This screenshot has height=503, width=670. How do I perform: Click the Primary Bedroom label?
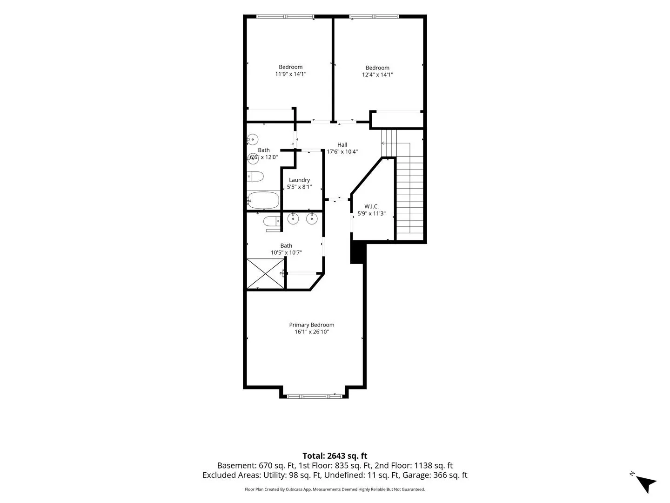311,325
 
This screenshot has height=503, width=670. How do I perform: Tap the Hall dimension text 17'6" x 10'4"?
342,151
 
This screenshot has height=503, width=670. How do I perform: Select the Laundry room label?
299,180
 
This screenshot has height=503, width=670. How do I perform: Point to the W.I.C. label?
371,206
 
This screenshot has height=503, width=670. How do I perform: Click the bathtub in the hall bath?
263,200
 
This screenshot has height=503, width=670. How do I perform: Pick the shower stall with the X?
265,274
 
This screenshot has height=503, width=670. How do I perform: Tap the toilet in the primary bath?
272,221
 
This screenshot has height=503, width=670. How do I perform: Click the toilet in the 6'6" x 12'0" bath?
255,176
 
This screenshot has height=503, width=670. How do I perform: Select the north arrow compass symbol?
645,483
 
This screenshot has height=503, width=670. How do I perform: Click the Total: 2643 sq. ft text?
335,455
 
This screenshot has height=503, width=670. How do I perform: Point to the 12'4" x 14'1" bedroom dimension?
377,75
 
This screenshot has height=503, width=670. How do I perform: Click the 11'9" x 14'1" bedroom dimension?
291,74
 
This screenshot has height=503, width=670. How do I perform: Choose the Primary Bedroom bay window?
314,396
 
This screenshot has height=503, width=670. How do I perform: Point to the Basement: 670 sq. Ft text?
256,465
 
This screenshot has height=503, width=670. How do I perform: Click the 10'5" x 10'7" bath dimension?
286,252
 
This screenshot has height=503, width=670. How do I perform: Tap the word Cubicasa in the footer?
294,489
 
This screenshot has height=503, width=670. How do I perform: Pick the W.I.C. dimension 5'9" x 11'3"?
371,213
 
